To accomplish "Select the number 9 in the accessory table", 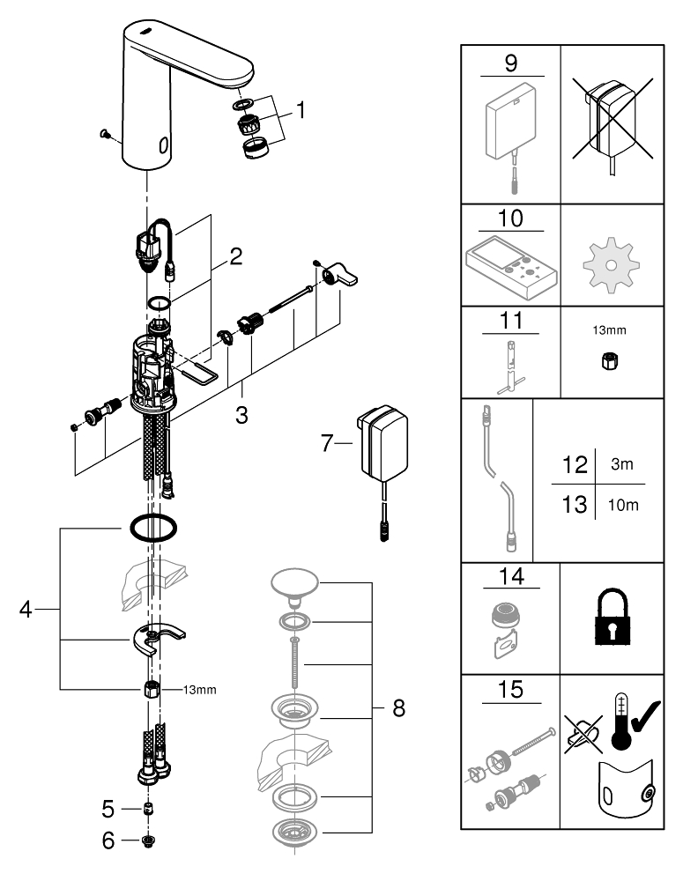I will pyautogui.click(x=511, y=65).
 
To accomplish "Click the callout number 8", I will pyautogui.click(x=398, y=708).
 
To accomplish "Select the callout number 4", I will pyautogui.click(x=26, y=609).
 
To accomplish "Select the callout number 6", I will pyautogui.click(x=108, y=840).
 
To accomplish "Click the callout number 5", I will pyautogui.click(x=108, y=807).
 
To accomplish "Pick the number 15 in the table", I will pyautogui.click(x=511, y=689).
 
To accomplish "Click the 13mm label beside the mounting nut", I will pyautogui.click(x=200, y=690).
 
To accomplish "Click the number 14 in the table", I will pyautogui.click(x=511, y=577).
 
